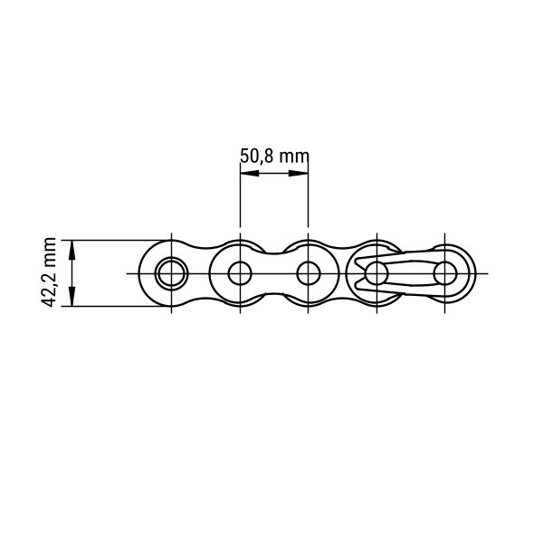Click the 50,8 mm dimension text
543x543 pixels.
point(274,157)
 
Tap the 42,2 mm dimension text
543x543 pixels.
point(49,272)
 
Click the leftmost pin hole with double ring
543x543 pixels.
point(171,273)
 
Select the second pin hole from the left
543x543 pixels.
point(240,273)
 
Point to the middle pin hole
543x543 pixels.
point(309,273)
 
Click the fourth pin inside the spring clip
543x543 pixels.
point(376,273)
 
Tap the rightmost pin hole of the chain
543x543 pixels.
point(445,273)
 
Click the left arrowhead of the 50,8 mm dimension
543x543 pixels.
point(250,173)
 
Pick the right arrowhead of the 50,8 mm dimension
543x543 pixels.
point(299,173)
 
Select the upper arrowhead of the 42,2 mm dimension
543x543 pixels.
point(72,250)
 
